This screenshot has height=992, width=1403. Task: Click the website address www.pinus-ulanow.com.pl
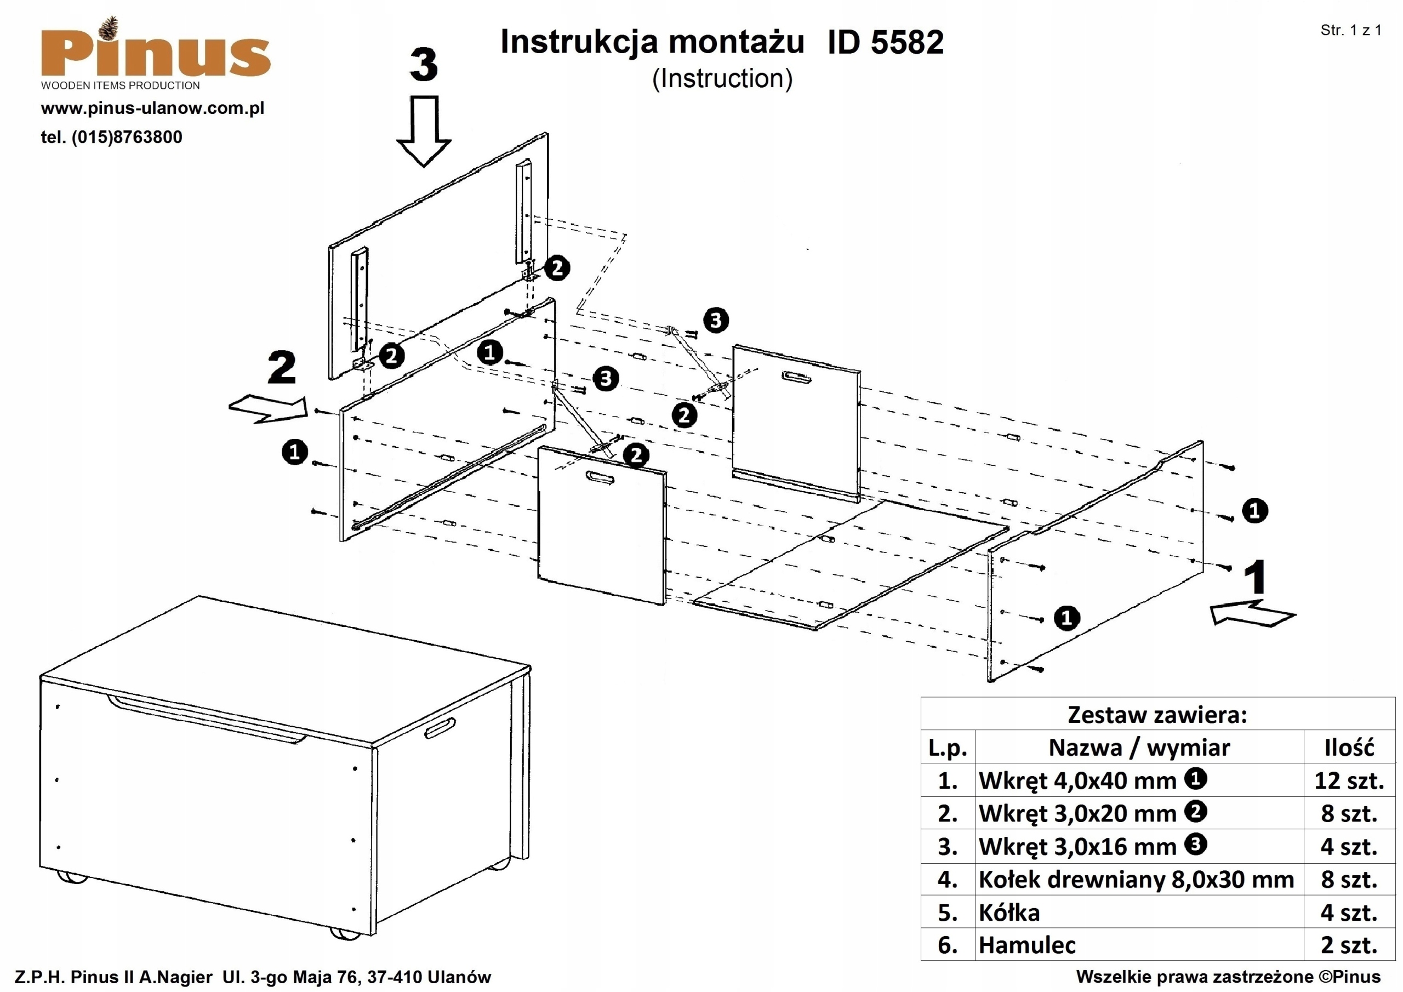tap(152, 109)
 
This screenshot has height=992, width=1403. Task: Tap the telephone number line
tap(111, 137)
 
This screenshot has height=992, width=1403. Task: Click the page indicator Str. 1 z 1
tap(1350, 31)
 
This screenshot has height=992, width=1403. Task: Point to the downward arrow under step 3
tap(424, 131)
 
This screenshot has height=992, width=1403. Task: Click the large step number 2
tap(282, 368)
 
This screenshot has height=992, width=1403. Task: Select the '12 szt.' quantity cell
tap(1349, 780)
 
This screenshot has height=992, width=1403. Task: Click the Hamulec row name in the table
tap(1026, 945)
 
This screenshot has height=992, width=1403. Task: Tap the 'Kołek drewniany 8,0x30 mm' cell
tap(1136, 880)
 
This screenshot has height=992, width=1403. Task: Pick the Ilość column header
tap(1349, 748)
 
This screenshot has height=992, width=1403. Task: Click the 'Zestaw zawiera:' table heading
tap(1157, 715)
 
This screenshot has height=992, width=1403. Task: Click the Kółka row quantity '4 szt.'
tap(1349, 913)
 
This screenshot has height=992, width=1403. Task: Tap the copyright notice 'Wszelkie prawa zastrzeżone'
tap(1228, 977)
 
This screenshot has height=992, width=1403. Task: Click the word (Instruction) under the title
tap(722, 78)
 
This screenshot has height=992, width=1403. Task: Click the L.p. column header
tap(947, 748)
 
